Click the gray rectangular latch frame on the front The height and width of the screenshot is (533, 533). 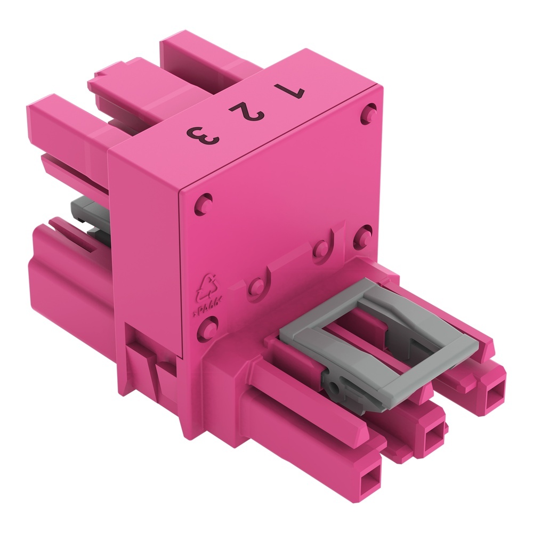(x=373, y=347)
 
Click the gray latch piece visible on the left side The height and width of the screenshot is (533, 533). (x=88, y=213)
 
